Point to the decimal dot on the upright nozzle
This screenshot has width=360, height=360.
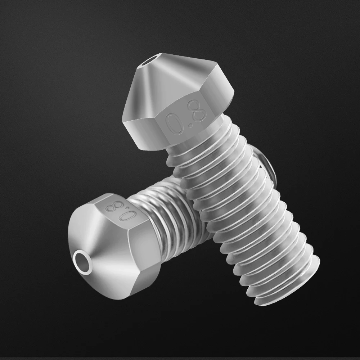(x=190, y=125)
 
